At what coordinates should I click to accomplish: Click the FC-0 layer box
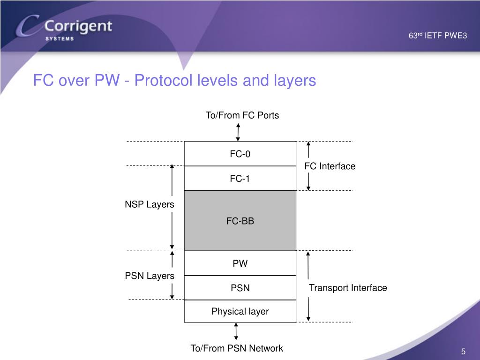click(240, 154)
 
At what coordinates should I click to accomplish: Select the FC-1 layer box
click(240, 179)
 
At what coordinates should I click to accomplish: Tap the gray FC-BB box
click(240, 221)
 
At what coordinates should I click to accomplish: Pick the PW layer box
click(240, 263)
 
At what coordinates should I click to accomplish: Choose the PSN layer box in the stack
click(240, 288)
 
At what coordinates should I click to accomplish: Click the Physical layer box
click(240, 311)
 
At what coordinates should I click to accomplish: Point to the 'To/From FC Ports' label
click(242, 115)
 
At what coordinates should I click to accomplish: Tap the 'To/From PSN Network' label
click(237, 348)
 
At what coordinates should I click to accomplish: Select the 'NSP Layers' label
click(150, 204)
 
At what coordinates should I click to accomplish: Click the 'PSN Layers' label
click(150, 276)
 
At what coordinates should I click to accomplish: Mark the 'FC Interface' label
click(330, 166)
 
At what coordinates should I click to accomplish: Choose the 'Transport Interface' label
click(348, 288)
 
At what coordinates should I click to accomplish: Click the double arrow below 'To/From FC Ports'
click(239, 132)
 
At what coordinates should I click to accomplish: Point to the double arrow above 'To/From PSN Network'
click(236, 331)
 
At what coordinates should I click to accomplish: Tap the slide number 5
click(463, 352)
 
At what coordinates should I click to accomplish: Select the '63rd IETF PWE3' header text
click(438, 36)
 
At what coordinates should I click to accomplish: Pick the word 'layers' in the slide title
click(294, 81)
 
